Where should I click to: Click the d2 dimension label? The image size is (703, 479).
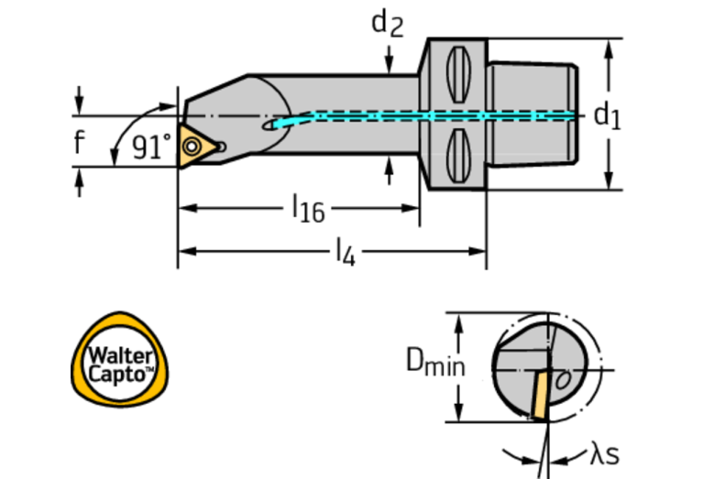tap(387, 23)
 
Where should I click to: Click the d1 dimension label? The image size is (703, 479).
tap(607, 114)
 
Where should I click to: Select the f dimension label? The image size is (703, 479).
tap(80, 142)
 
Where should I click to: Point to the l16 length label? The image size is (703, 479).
tap(307, 210)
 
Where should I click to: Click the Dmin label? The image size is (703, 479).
tap(435, 365)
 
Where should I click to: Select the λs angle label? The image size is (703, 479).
tap(604, 453)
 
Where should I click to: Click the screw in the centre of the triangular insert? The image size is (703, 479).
tap(193, 145)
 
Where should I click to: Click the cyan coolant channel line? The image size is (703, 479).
tap(431, 116)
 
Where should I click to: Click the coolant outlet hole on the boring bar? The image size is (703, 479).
tap(269, 126)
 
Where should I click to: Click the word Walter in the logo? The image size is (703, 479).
tap(115, 354)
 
